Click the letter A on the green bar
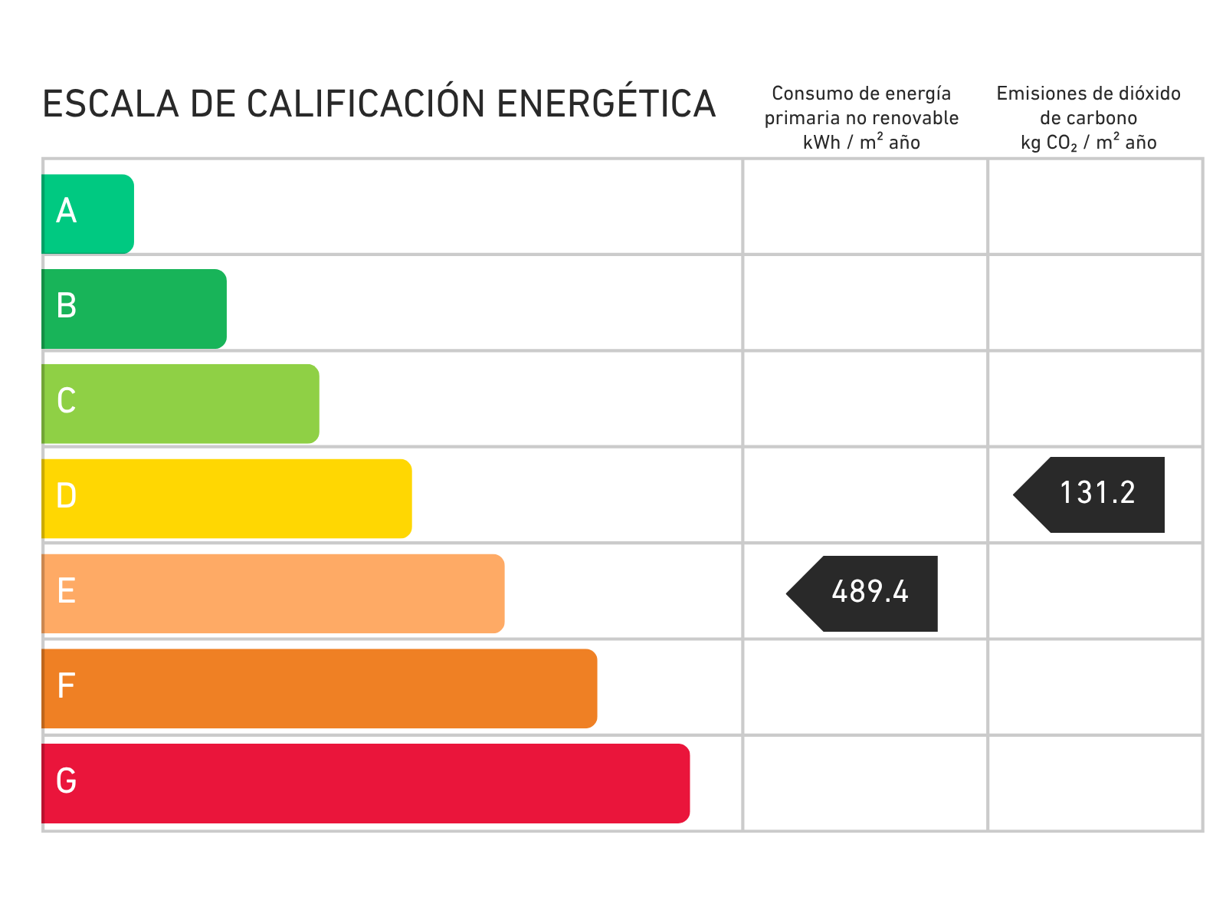click(x=66, y=211)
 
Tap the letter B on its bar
click(x=67, y=306)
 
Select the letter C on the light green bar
click(x=67, y=400)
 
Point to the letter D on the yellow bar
click(x=67, y=495)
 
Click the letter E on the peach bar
click(x=67, y=590)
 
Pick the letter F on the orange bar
click(x=66, y=685)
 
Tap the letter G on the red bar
click(x=67, y=780)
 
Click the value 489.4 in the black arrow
click(x=870, y=592)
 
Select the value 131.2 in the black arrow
click(x=1097, y=493)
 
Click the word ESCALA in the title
click(x=110, y=104)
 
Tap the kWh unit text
click(x=821, y=143)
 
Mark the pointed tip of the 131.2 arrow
click(x=1014, y=495)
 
